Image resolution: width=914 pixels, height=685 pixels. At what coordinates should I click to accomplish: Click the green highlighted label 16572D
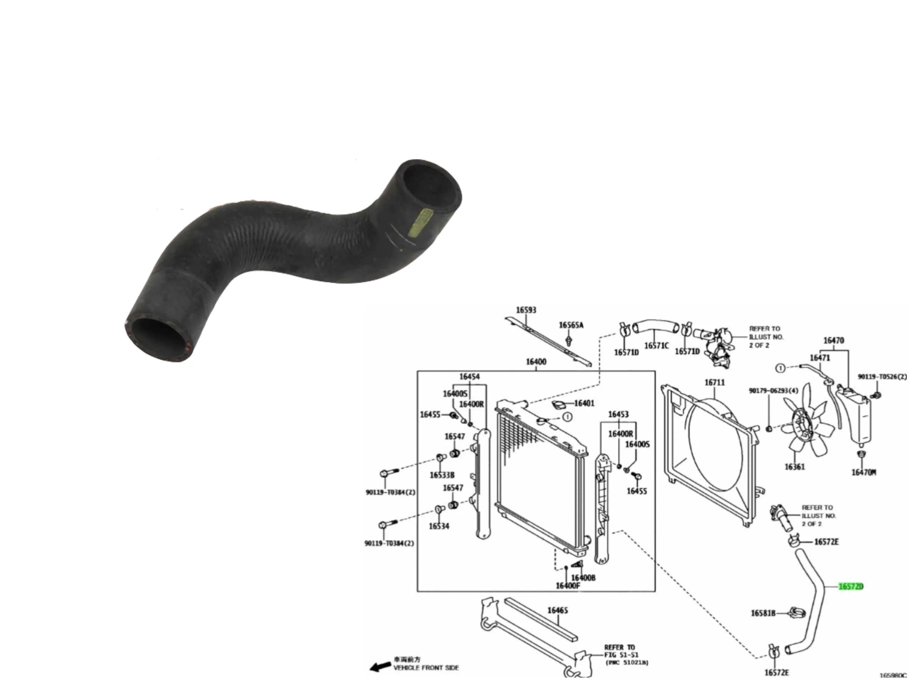[x=850, y=586]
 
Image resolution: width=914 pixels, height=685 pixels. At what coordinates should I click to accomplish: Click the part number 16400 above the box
[x=536, y=362]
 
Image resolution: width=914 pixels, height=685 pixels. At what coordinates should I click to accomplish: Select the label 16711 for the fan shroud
[x=714, y=382]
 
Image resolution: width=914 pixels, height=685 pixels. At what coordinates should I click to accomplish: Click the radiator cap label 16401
[x=584, y=403]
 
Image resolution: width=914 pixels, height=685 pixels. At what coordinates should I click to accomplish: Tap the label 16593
[x=526, y=310]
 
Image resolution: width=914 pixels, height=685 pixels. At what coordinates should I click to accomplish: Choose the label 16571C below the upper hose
[x=656, y=346]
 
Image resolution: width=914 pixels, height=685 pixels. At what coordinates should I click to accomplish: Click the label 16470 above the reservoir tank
[x=833, y=340]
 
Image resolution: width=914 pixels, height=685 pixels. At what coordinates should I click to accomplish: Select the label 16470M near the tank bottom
[x=864, y=472]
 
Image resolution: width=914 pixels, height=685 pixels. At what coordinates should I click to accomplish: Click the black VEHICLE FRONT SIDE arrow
[x=380, y=666]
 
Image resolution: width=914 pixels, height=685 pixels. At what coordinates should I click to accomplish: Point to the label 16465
[x=557, y=610]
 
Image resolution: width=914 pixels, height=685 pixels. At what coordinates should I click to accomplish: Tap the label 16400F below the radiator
[x=568, y=585]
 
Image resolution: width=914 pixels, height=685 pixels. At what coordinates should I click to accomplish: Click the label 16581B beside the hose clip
[x=763, y=613]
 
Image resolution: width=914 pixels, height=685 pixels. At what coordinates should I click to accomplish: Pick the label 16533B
[x=442, y=475]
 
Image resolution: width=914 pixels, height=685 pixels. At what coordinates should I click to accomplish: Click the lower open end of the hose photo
[x=159, y=340]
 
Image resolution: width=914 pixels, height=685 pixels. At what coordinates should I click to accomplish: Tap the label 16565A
[x=571, y=325]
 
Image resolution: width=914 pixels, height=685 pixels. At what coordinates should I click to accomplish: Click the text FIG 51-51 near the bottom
[x=621, y=655]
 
